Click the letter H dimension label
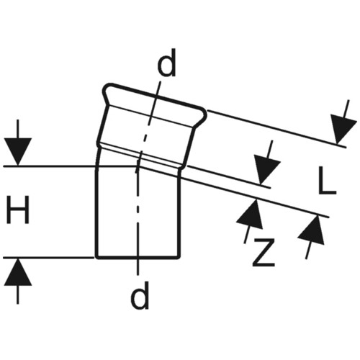(18, 210)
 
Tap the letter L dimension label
(327, 181)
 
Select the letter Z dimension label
(264, 252)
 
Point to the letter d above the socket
(166, 63)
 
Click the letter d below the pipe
(140, 294)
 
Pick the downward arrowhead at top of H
(17, 152)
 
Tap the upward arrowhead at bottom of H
(17, 272)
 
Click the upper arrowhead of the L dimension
(343, 129)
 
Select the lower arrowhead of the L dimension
(266, 170)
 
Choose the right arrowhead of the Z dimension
(312, 230)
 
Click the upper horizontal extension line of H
(70, 166)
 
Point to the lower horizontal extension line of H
(49, 258)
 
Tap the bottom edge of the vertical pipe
(138, 258)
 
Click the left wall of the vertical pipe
(97, 211)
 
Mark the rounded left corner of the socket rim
(106, 89)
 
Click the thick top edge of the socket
(156, 96)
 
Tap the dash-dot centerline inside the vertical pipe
(137, 211)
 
